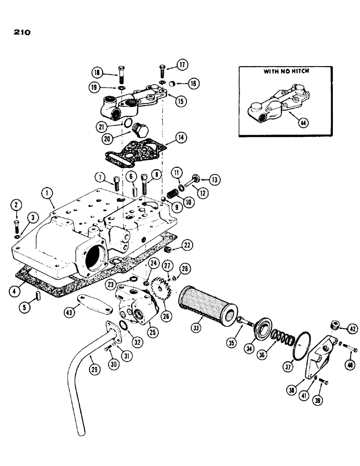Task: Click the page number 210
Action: tap(19, 33)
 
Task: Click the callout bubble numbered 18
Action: tap(97, 73)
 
